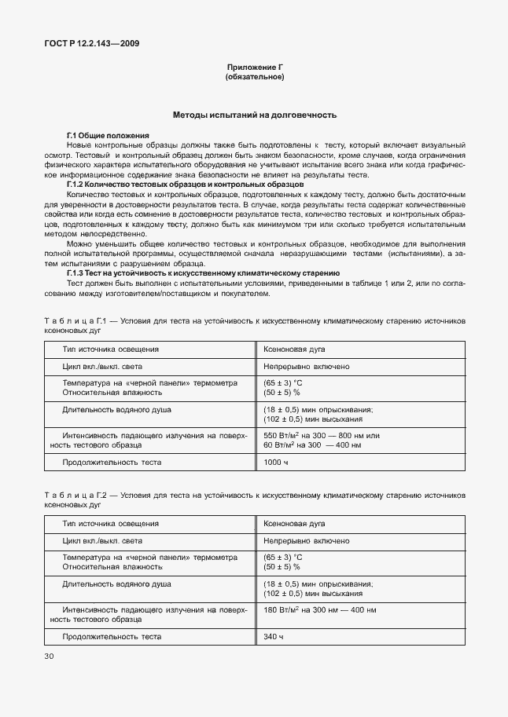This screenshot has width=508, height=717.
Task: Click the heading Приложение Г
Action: point(254,68)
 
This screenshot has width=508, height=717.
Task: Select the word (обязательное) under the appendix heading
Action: point(254,78)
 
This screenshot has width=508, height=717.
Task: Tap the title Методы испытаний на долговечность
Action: point(254,115)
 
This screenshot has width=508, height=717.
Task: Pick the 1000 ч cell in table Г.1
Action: point(276,463)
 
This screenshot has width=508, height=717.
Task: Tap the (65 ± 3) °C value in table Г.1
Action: point(282,382)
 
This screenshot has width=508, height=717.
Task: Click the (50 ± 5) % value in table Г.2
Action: point(281,566)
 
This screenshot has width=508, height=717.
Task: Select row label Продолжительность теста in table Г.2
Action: point(112,636)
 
